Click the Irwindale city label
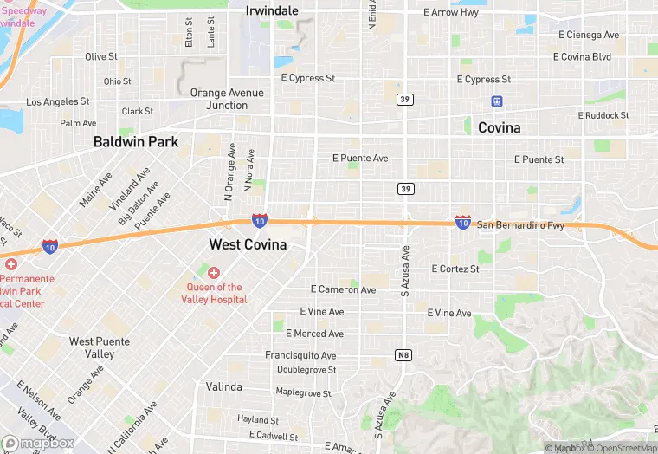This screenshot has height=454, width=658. (x=272, y=10)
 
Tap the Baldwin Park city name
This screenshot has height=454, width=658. (x=136, y=141)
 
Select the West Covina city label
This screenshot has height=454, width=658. (x=248, y=245)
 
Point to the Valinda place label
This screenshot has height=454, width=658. (x=224, y=386)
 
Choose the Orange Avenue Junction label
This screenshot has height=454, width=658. (x=219, y=99)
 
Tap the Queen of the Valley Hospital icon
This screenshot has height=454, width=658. (x=213, y=273)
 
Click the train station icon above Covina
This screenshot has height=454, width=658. (x=497, y=101)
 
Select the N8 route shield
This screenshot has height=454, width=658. (x=403, y=355)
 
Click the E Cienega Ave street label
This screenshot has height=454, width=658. (x=589, y=35)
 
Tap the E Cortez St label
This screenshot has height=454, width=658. (x=455, y=269)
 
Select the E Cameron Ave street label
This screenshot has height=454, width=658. (x=343, y=289)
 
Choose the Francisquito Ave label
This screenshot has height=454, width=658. (x=300, y=355)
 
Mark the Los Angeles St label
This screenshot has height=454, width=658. (x=58, y=101)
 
